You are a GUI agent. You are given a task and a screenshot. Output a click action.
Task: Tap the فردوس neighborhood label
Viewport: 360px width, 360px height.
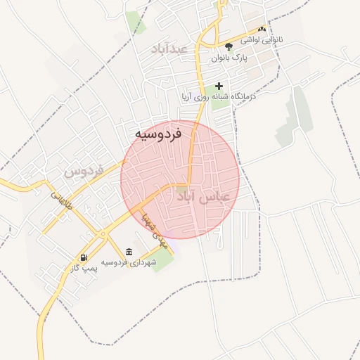84,171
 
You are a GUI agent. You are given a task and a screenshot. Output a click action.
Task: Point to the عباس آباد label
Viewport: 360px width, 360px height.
202,198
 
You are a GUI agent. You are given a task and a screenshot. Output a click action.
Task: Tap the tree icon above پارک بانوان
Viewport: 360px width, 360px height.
229,46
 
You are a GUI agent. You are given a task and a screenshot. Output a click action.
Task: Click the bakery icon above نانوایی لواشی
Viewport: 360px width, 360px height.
262,30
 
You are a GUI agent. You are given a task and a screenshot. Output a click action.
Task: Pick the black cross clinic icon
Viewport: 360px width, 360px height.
219,86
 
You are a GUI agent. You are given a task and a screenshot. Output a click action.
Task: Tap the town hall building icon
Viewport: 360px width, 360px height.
129,252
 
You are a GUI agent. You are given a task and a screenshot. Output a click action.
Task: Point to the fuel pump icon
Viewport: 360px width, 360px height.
84,258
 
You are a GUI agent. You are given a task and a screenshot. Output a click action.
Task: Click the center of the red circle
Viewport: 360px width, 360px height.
180,180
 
